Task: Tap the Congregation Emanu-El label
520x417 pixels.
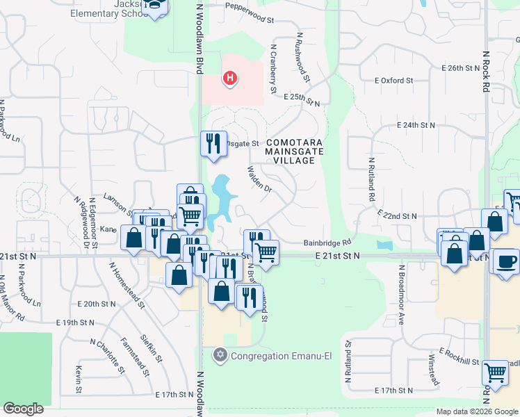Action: pos(259,356)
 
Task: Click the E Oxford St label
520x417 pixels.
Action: pos(393,81)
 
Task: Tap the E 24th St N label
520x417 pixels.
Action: pos(416,125)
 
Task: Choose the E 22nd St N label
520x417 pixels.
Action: pos(397,216)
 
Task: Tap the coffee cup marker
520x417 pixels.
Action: pos(506,261)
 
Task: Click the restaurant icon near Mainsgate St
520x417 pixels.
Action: pos(213,143)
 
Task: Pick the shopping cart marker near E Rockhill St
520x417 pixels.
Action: pos(495,373)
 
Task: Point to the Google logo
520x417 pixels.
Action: pos(24,408)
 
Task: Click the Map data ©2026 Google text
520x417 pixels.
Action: pos(476,411)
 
